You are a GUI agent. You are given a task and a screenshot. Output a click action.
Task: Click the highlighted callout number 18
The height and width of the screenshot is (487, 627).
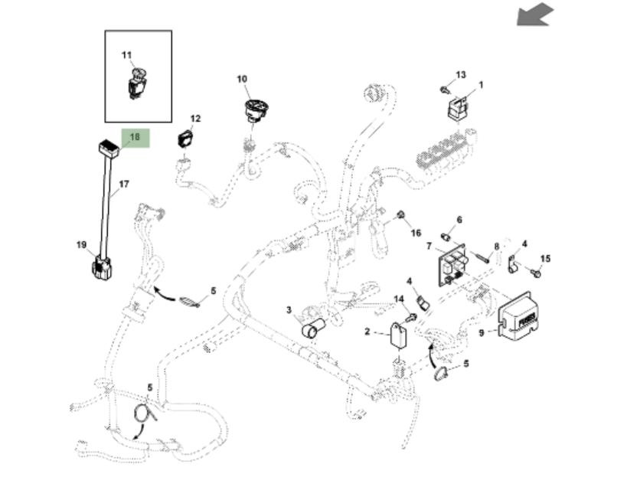[x=135, y=138]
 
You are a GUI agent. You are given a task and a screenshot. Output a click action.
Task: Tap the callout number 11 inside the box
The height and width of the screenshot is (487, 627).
[x=127, y=55]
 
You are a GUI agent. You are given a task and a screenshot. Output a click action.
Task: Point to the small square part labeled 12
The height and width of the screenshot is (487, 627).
[x=185, y=139]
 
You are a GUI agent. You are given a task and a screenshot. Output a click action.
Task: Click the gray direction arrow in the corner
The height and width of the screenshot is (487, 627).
[x=534, y=14]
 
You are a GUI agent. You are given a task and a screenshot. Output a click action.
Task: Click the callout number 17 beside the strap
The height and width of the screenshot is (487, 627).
[x=124, y=184]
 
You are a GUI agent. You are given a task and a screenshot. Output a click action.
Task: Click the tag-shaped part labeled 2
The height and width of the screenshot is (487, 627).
[x=398, y=338]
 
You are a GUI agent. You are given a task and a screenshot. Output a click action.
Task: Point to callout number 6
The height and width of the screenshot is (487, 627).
[x=459, y=221]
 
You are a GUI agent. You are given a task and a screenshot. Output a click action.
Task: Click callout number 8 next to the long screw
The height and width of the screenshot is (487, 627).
[x=496, y=247]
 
